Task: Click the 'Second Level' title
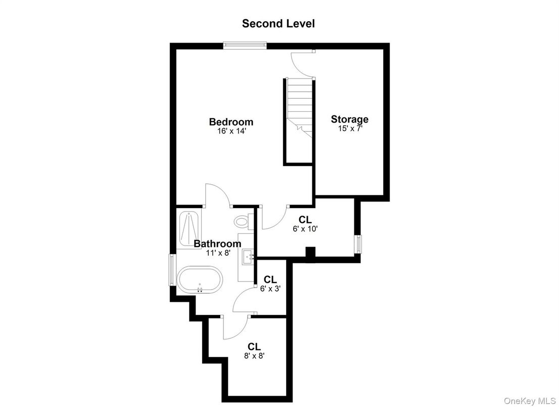[278, 23]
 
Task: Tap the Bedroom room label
[231, 122]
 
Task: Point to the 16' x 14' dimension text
[231, 131]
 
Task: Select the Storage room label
[350, 119]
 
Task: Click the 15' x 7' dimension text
[350, 129]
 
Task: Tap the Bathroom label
[217, 243]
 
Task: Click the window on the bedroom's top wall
[245, 46]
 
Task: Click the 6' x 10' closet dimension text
[305, 228]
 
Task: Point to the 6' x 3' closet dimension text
[270, 289]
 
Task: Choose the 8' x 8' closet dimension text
[254, 355]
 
